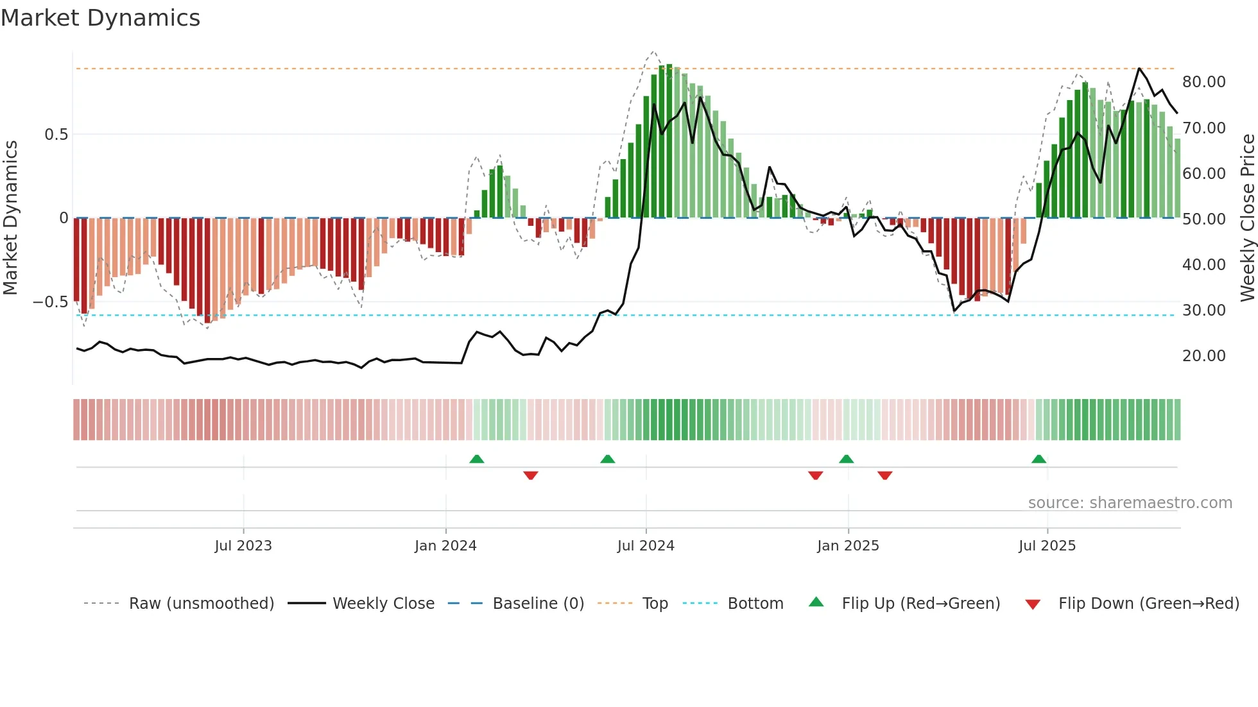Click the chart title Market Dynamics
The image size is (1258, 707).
[x=101, y=18]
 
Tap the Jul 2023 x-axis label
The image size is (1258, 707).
[x=243, y=546]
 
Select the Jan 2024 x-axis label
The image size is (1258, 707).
[x=445, y=546]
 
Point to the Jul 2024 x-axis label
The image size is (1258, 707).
[x=646, y=546]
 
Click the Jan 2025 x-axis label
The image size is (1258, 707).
[x=848, y=546]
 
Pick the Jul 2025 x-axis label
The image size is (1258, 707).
[x=1047, y=546]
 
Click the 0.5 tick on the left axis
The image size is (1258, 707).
[x=56, y=135]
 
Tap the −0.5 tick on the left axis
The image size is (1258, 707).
[x=51, y=302]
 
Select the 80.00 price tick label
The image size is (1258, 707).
[x=1203, y=82]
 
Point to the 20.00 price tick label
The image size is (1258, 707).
[x=1203, y=356]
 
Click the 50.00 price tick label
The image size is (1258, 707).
[x=1203, y=219]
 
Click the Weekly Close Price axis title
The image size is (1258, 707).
[x=1247, y=217]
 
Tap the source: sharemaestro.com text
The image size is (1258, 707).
[x=1130, y=503]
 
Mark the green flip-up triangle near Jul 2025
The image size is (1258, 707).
[x=1038, y=459]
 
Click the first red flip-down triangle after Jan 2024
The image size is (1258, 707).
[x=530, y=475]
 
